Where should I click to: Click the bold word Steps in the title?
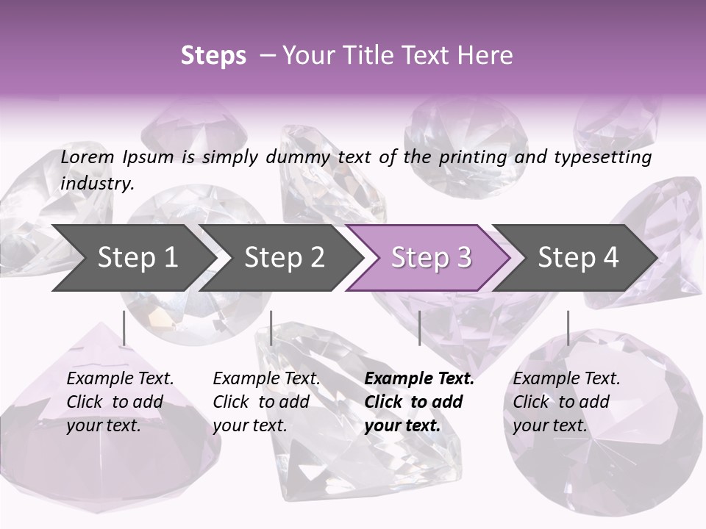click(x=213, y=56)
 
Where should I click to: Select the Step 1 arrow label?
click(x=138, y=258)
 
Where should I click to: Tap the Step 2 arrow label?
click(x=285, y=258)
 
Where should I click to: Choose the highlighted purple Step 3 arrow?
click(x=431, y=258)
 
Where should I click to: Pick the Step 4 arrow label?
click(x=578, y=258)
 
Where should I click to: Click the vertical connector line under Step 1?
click(x=124, y=328)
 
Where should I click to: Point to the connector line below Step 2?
click(x=271, y=328)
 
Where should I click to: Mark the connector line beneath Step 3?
click(x=419, y=328)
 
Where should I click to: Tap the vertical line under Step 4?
click(x=568, y=328)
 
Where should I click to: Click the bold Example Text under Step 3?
click(x=419, y=379)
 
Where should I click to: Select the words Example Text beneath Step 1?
click(x=120, y=379)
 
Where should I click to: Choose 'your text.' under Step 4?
click(x=550, y=425)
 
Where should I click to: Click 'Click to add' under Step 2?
click(x=261, y=403)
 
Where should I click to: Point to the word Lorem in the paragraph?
click(x=88, y=157)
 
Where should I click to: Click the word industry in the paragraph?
click(x=97, y=184)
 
